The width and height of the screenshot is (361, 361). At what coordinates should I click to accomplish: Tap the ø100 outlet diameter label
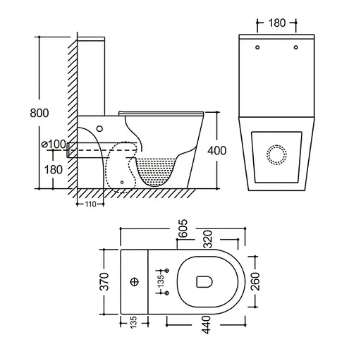tap(54, 145)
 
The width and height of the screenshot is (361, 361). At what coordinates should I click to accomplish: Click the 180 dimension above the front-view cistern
tap(276, 22)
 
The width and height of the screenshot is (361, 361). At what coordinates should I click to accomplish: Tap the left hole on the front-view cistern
tap(258, 48)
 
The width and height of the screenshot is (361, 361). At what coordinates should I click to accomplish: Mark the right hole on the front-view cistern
tap(295, 48)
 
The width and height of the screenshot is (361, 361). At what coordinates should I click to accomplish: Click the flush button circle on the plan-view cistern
tap(134, 283)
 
